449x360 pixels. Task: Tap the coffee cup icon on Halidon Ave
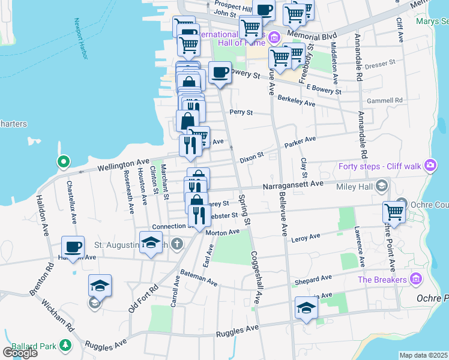(x=73, y=247)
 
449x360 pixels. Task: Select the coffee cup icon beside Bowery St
(x=220, y=72)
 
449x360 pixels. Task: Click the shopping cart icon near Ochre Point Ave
(x=394, y=211)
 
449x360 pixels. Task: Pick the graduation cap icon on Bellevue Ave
(x=306, y=308)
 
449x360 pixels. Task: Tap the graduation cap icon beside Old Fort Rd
(x=100, y=284)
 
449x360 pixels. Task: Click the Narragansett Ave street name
(x=293, y=185)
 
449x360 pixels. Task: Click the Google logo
(x=20, y=352)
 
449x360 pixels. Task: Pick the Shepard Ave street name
(x=313, y=279)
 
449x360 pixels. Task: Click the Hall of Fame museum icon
(x=274, y=38)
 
